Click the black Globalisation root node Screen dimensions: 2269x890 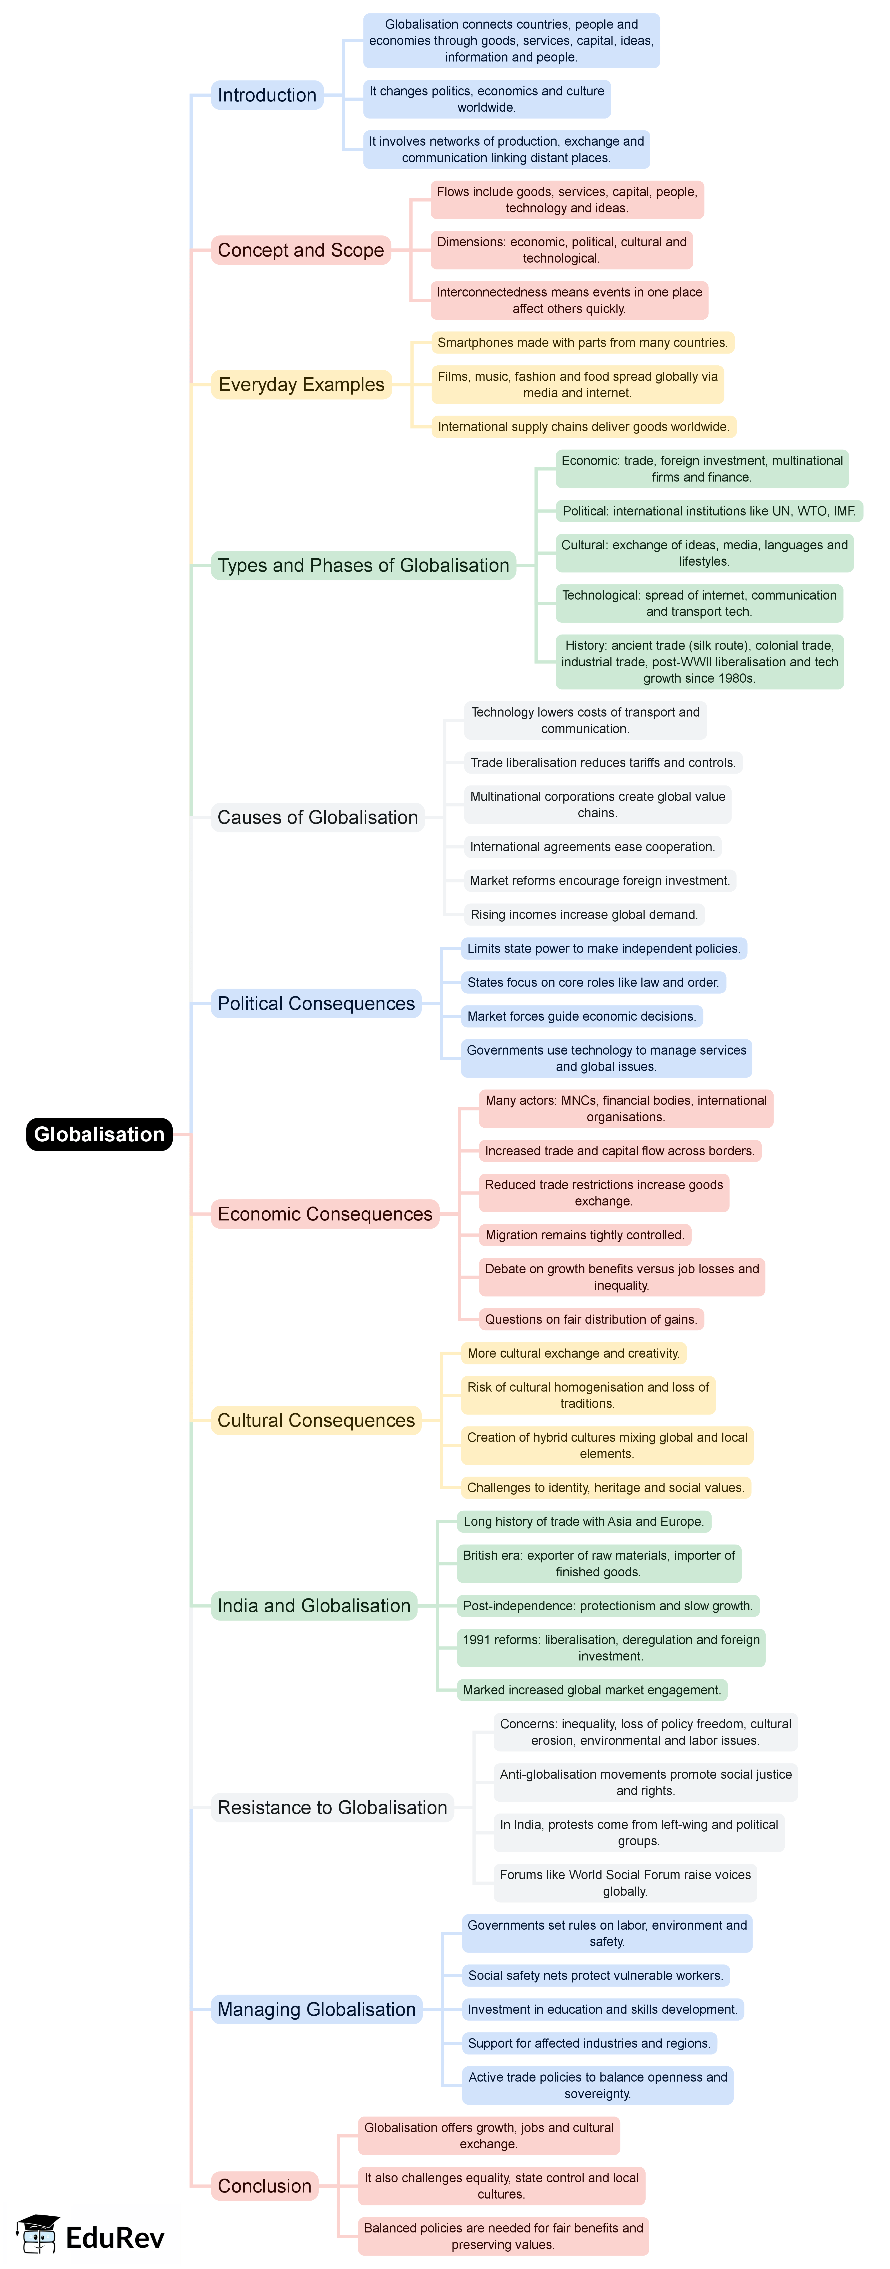tap(99, 1134)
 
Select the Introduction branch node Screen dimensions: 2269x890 tap(267, 95)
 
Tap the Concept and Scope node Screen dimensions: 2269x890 tap(300, 250)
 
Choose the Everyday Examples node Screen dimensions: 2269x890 tap(301, 384)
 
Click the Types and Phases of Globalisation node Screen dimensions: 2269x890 tap(363, 565)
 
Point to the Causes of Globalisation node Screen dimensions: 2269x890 tap(317, 817)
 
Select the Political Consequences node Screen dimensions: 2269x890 tap(316, 1003)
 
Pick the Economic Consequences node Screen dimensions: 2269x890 tap(325, 1214)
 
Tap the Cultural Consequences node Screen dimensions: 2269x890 tap(316, 1420)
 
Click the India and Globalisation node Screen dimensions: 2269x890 tap(313, 1606)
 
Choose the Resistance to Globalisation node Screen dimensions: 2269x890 tap(332, 1807)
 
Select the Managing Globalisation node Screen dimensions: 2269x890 tap(316, 2009)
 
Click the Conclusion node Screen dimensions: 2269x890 tap(264, 2186)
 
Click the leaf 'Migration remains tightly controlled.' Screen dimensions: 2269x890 tap(584, 1235)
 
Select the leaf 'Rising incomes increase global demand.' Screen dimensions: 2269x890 tap(584, 914)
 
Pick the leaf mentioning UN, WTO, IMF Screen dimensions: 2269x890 tap(709, 511)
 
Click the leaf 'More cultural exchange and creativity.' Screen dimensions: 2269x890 tap(573, 1353)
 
